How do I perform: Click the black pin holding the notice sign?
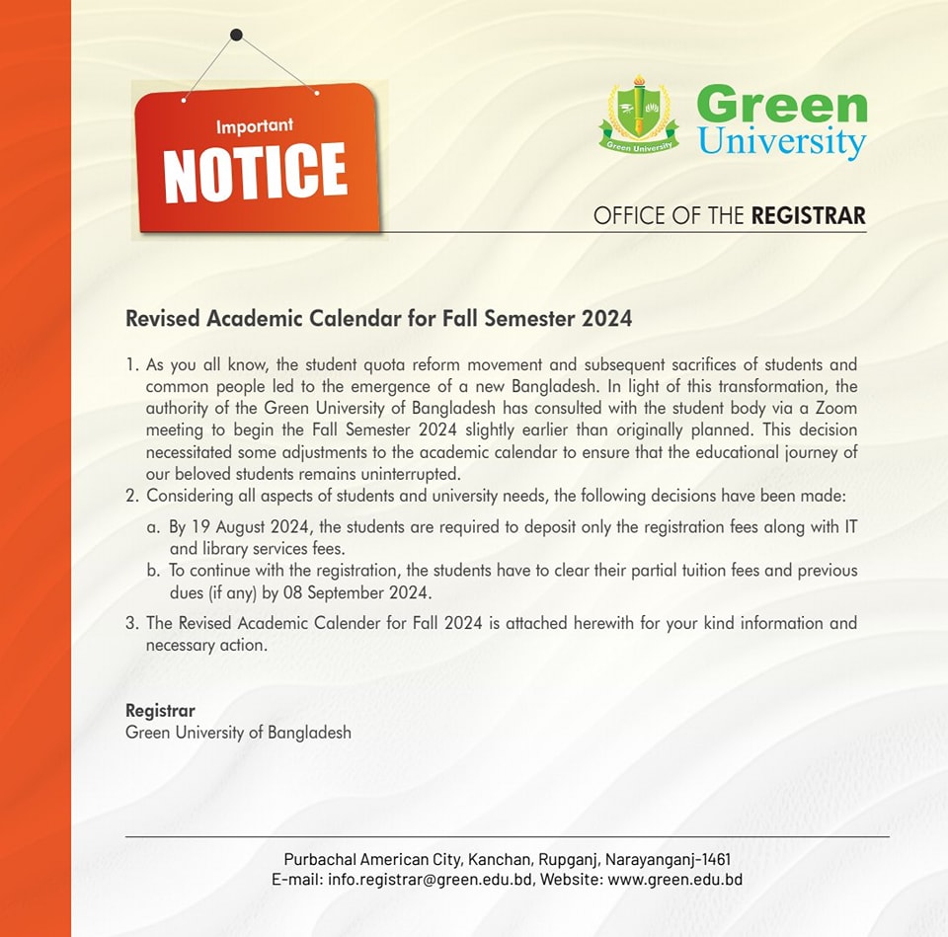pyautogui.click(x=236, y=36)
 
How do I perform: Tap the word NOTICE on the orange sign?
pyautogui.click(x=256, y=171)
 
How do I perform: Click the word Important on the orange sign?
pyautogui.click(x=255, y=127)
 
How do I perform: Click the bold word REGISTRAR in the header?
pyautogui.click(x=808, y=216)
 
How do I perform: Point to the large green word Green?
pyautogui.click(x=781, y=105)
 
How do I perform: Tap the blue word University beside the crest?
pyautogui.click(x=781, y=141)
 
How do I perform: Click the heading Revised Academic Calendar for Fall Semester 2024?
pyautogui.click(x=378, y=320)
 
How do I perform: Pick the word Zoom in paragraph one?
pyautogui.click(x=836, y=409)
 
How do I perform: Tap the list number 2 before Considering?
pyautogui.click(x=130, y=496)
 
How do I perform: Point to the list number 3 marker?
pyautogui.click(x=130, y=624)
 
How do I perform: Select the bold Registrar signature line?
pyautogui.click(x=160, y=711)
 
